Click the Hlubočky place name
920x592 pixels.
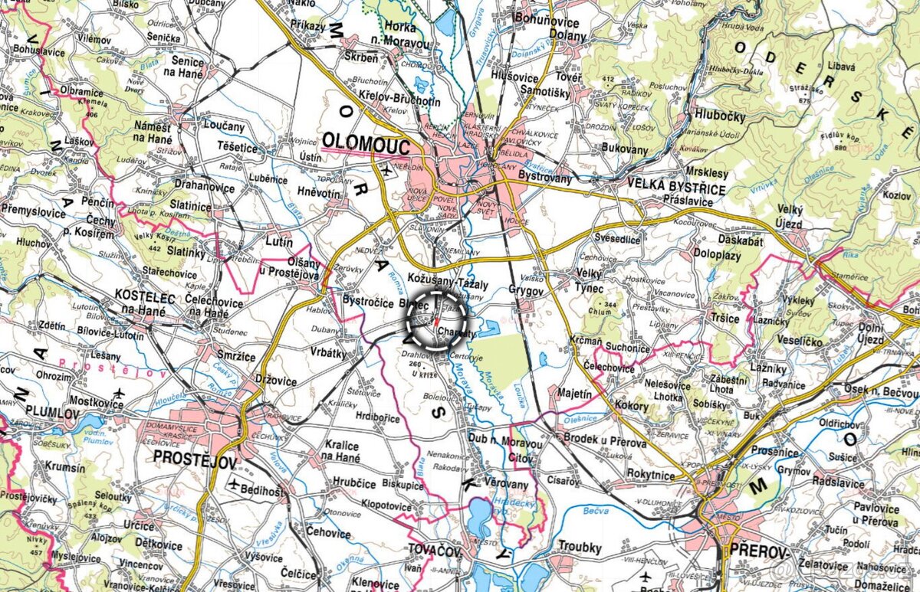720,116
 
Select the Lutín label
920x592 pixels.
279,243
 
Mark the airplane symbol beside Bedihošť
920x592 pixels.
234,484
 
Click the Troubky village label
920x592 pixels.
580,548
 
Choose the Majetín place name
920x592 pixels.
570,394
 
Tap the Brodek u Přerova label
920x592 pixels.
604,443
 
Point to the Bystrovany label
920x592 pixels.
545,177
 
